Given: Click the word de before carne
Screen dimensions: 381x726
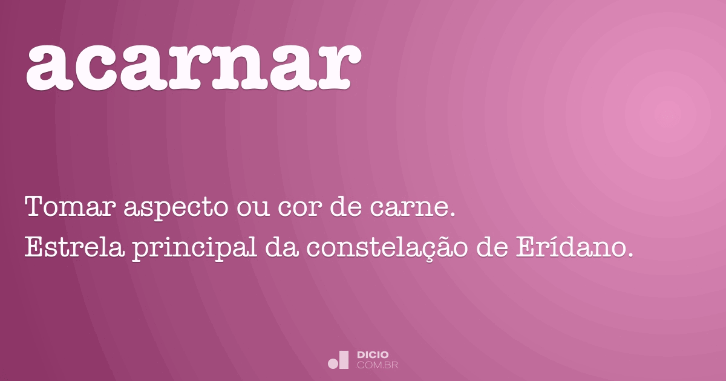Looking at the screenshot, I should [345, 209].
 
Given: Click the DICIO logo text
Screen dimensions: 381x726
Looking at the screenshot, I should [373, 354].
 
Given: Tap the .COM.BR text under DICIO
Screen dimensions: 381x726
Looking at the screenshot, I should [377, 365].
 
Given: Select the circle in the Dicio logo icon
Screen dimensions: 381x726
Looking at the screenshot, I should [333, 363].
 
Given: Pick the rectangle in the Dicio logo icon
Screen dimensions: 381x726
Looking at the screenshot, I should [344, 359].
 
